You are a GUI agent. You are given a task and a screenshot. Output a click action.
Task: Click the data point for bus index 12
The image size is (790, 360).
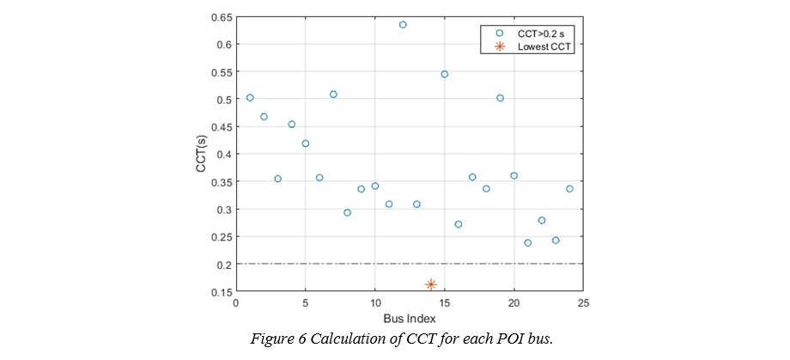pyautogui.click(x=403, y=25)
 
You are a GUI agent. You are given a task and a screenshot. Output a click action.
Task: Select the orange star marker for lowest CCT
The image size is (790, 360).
pyautogui.click(x=431, y=284)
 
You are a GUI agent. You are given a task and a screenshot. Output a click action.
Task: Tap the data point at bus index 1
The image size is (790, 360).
pyautogui.click(x=250, y=98)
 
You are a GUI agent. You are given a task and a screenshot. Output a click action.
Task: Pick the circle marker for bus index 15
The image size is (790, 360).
pyautogui.click(x=445, y=74)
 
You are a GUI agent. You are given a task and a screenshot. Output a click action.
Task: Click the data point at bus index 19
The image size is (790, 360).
pyautogui.click(x=500, y=98)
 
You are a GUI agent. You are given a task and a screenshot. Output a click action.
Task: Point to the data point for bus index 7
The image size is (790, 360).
pyautogui.click(x=333, y=95)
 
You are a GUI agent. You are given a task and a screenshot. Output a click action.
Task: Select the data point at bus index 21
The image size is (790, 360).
pyautogui.click(x=528, y=243)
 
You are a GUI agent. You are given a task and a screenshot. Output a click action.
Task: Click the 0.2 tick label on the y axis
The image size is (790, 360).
pyautogui.click(x=222, y=265)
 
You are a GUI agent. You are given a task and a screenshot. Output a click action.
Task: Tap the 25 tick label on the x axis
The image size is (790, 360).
pyautogui.click(x=583, y=303)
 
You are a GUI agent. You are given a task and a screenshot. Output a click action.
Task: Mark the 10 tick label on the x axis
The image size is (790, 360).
pyautogui.click(x=375, y=303)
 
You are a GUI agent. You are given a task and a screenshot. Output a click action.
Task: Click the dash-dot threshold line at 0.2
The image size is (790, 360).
pyautogui.click(x=481, y=264)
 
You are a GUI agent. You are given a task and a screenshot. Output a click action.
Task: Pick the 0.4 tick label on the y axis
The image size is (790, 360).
pyautogui.click(x=222, y=155)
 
